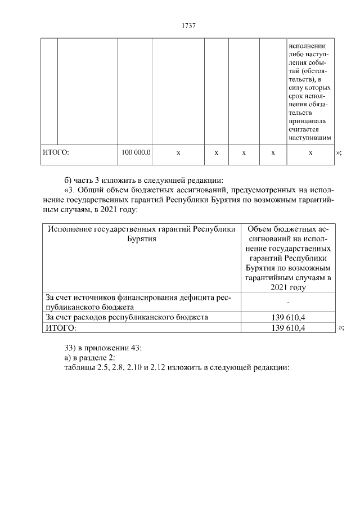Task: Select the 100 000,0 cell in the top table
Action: [136, 152]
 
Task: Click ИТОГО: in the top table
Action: [56, 152]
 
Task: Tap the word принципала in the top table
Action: [307, 120]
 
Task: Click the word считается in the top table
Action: [306, 129]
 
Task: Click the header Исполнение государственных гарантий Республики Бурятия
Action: [141, 234]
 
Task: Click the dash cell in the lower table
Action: [288, 303]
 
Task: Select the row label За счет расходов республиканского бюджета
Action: [127, 317]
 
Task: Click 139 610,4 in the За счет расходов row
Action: [288, 318]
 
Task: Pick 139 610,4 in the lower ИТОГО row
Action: [288, 328]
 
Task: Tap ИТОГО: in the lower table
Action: [60, 328]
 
